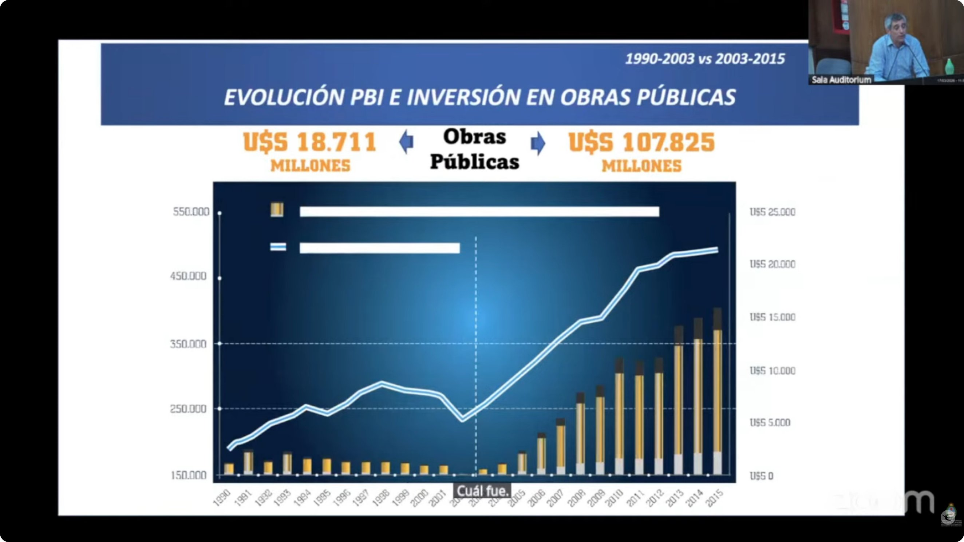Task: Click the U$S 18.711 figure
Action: click(310, 143)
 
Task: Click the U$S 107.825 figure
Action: click(641, 143)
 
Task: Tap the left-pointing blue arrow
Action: click(406, 143)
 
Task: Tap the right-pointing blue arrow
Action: click(538, 143)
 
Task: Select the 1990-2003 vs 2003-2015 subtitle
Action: click(705, 59)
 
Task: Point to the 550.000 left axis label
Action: click(191, 212)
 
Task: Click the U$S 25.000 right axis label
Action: click(773, 212)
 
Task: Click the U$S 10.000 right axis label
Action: click(773, 371)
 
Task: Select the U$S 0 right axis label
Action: click(761, 476)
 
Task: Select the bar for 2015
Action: click(718, 393)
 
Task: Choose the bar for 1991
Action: click(248, 462)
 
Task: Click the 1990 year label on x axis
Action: click(222, 498)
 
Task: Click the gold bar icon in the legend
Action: click(277, 210)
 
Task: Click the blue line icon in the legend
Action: click(278, 247)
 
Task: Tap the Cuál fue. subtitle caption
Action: click(482, 491)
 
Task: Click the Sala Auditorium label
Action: click(841, 80)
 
